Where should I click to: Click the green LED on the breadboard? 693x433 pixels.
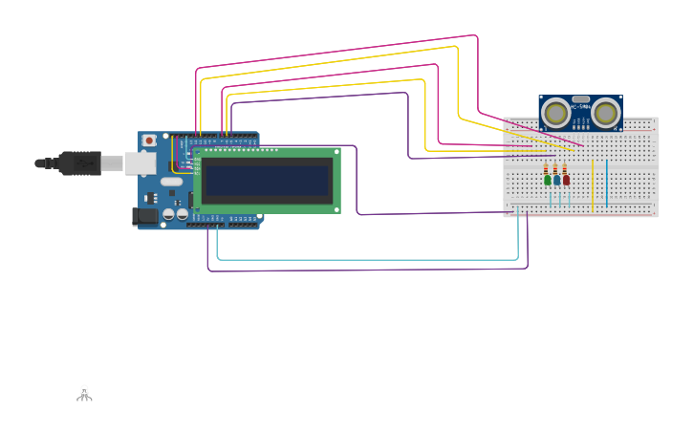548,180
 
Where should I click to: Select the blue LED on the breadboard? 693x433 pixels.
556,180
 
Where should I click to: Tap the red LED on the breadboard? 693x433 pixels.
566,180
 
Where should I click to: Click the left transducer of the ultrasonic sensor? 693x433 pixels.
554,114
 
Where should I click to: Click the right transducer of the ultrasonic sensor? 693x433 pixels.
605,114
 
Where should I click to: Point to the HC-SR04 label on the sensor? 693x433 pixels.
580,107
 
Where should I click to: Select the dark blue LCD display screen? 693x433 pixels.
267,181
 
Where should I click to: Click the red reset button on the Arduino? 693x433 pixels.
149,141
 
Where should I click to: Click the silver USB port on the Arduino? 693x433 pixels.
141,163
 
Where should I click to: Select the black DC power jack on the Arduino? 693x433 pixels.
143,217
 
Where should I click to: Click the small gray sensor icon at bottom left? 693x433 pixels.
84,393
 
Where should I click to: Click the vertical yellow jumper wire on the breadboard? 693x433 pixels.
593,186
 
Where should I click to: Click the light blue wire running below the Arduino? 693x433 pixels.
363,259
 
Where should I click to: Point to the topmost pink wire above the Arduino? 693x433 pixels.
335,50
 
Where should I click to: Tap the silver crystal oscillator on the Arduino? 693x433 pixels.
171,182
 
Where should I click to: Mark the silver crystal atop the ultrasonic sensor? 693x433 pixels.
580,98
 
